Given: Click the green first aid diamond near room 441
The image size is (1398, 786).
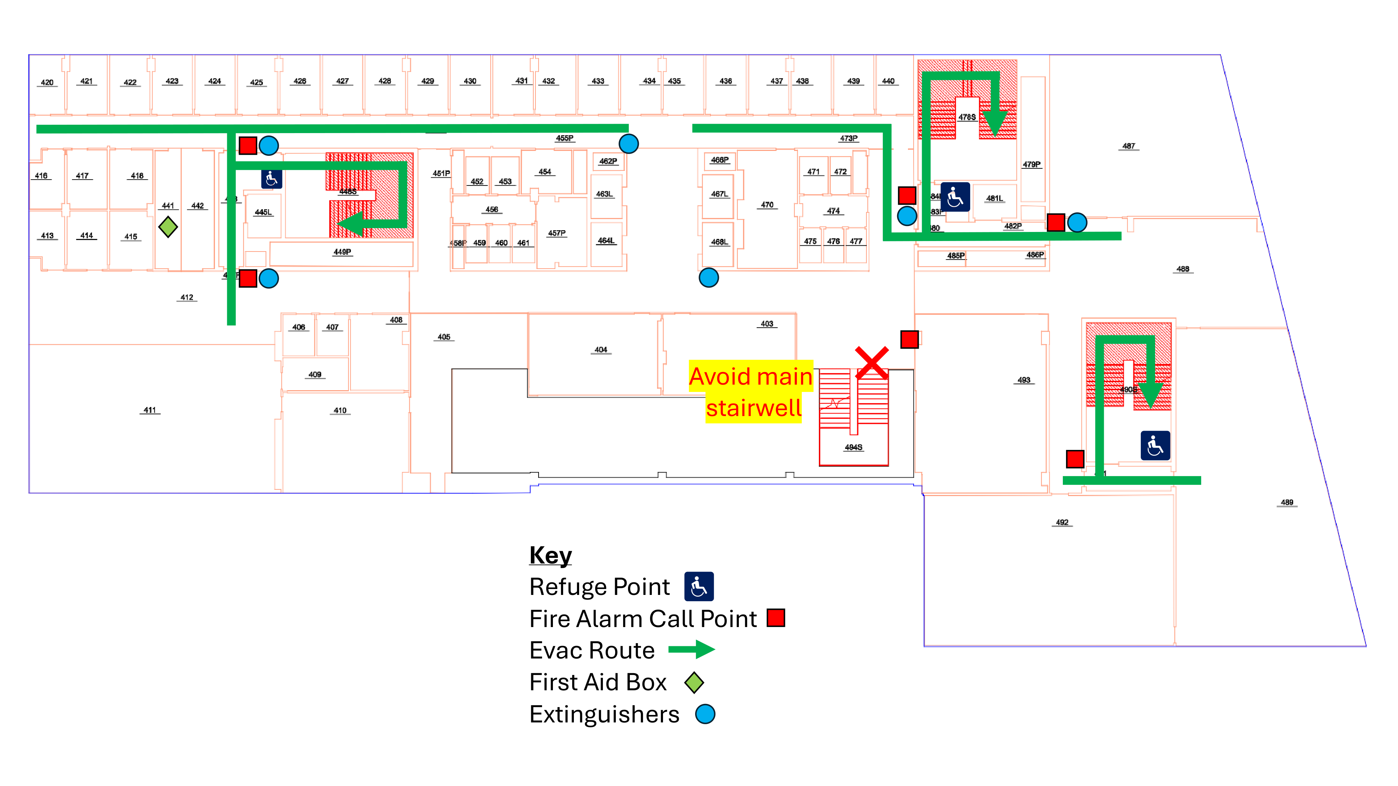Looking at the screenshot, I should [x=168, y=227].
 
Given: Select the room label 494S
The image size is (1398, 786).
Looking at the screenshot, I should [x=853, y=447].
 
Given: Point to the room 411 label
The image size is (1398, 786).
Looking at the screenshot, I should [x=150, y=410].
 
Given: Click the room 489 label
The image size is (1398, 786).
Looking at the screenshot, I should [x=1287, y=502].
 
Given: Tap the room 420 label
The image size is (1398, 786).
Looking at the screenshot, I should [x=47, y=82].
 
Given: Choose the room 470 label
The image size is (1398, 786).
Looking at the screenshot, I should [x=767, y=205].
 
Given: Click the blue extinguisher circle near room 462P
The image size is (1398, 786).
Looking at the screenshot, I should [x=628, y=144].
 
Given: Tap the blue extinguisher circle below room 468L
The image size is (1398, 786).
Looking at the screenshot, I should [x=709, y=278].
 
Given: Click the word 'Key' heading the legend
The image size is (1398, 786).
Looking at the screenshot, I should [x=550, y=555].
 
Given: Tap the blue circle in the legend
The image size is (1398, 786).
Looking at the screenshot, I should [x=705, y=714].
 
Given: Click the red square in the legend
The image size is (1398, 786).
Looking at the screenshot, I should [x=776, y=618].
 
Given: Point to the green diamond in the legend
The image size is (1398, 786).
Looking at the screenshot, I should [x=694, y=682].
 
